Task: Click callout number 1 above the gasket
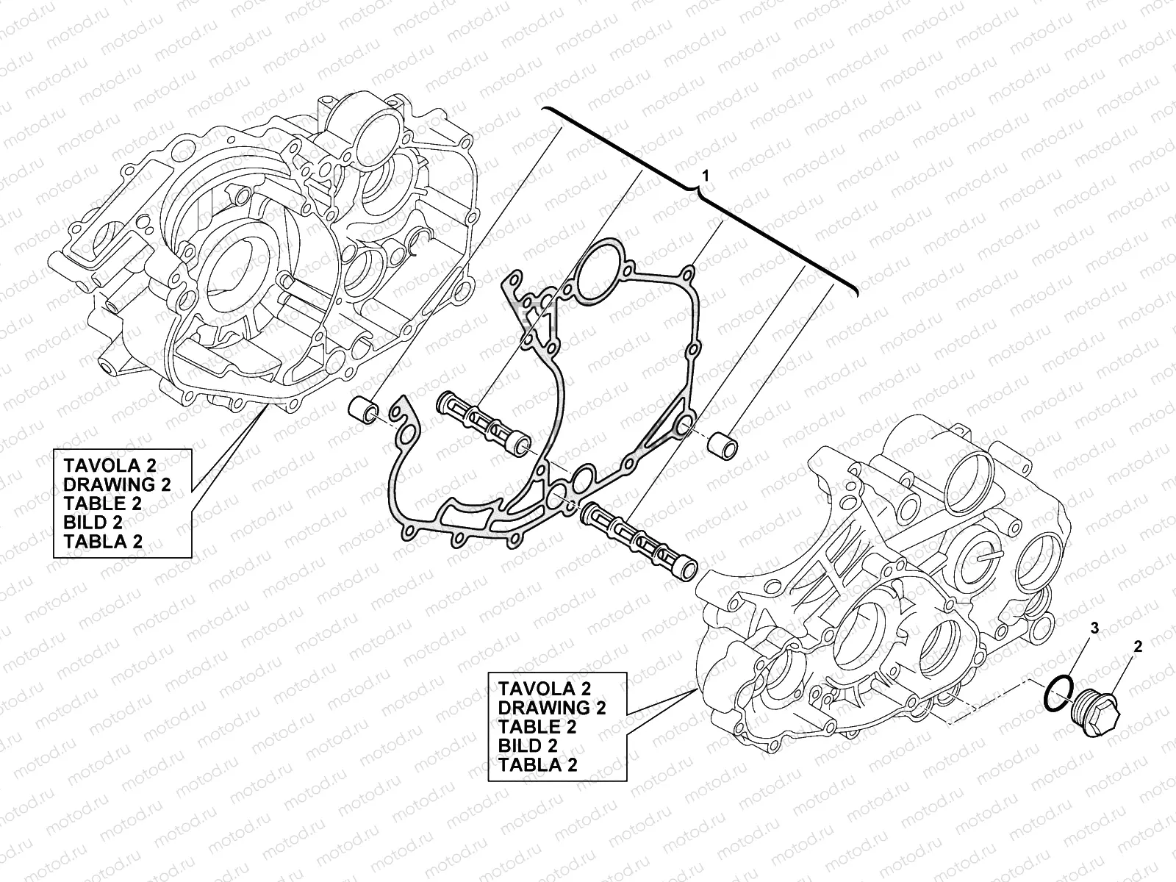click(x=706, y=176)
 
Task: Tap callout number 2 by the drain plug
click(x=1138, y=648)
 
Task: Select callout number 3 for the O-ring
click(x=1094, y=628)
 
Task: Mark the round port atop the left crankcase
click(x=375, y=132)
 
